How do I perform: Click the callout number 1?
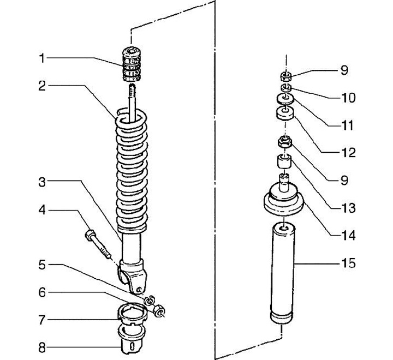click(x=42, y=58)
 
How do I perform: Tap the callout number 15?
click(x=348, y=263)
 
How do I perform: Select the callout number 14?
click(x=348, y=236)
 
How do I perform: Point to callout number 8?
click(x=42, y=347)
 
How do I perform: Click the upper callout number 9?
click(x=344, y=70)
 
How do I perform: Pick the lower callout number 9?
click(x=344, y=181)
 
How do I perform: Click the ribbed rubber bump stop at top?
click(x=131, y=64)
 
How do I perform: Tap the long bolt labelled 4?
click(x=98, y=245)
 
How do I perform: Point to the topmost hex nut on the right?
click(x=285, y=76)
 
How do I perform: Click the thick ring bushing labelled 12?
click(x=285, y=114)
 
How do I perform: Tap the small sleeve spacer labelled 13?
click(x=284, y=161)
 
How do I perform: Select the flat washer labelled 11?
click(x=285, y=99)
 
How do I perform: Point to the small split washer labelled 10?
click(x=285, y=87)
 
